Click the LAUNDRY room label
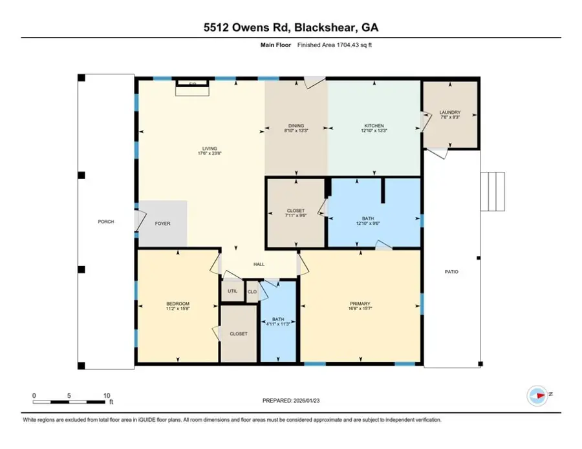[449, 112]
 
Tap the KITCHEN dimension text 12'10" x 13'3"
[374, 131]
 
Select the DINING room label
[296, 125]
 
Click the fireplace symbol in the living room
[193, 87]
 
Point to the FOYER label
[162, 224]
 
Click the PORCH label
[106, 222]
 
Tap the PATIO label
[451, 272]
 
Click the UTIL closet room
[232, 291]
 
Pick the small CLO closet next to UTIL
[253, 291]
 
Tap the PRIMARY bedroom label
[360, 304]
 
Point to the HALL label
[259, 264]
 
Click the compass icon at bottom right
[538, 394]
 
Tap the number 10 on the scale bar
[107, 395]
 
